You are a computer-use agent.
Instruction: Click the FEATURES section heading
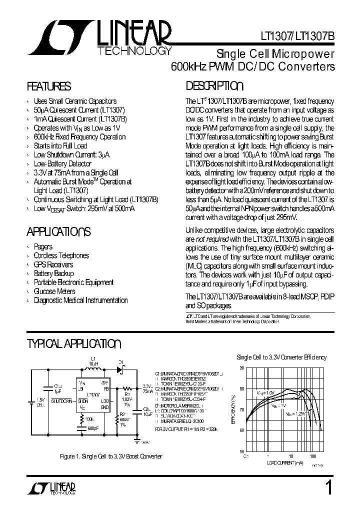[48, 85]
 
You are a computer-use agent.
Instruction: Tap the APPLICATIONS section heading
[58, 231]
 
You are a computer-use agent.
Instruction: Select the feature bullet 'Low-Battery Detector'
[62, 163]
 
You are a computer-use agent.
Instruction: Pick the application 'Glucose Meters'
[54, 291]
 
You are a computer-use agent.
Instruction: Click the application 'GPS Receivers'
[53, 264]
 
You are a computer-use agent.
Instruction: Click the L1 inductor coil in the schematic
[92, 370]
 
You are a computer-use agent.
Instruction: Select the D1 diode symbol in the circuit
[120, 370]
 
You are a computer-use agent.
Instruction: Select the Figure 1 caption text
[110, 456]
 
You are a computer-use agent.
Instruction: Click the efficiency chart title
[281, 357]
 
